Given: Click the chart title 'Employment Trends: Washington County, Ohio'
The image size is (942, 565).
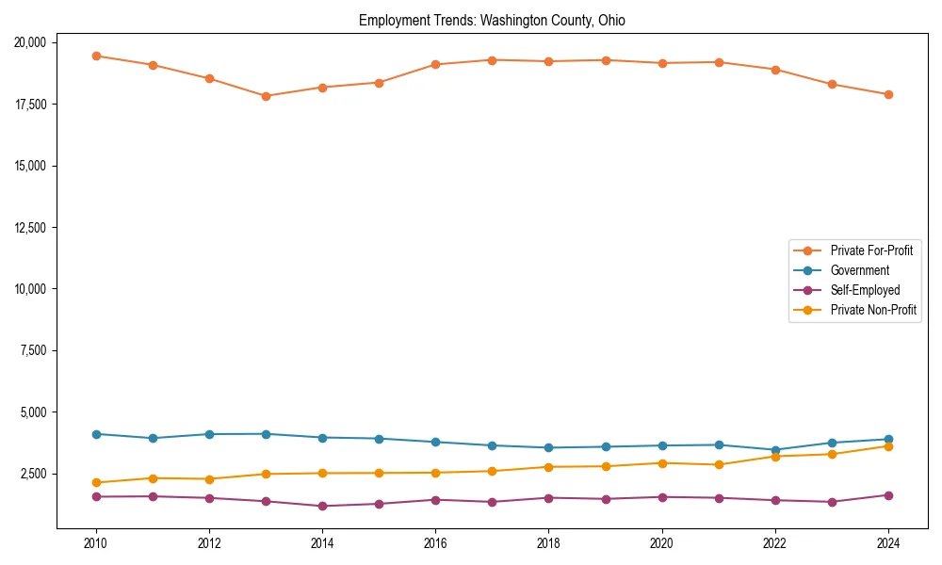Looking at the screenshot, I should (492, 20).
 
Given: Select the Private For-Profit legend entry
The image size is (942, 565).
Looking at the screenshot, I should (871, 250).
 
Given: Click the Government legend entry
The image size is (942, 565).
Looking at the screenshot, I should (859, 270).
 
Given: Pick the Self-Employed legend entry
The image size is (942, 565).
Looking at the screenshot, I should (865, 290).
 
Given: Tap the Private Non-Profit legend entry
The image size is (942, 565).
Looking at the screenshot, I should (873, 310).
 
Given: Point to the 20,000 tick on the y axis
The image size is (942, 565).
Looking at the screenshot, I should (36, 42).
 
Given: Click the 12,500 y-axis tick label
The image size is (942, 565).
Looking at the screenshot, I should (36, 227).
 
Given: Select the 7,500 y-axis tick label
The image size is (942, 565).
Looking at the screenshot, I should (39, 350).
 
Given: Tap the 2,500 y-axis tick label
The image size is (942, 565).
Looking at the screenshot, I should (39, 474).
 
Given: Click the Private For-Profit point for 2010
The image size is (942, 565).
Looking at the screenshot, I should (96, 56).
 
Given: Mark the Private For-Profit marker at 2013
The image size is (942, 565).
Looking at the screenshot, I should (266, 96).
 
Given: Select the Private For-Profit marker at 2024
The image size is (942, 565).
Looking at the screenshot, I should (888, 94).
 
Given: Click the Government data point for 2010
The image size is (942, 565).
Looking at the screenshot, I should (96, 434).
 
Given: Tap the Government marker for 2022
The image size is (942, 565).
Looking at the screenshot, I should (775, 450).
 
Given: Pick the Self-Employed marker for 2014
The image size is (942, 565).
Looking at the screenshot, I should (322, 506).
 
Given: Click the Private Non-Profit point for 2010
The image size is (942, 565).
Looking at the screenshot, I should (96, 482).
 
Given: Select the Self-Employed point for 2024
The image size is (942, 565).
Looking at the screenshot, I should (888, 495).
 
